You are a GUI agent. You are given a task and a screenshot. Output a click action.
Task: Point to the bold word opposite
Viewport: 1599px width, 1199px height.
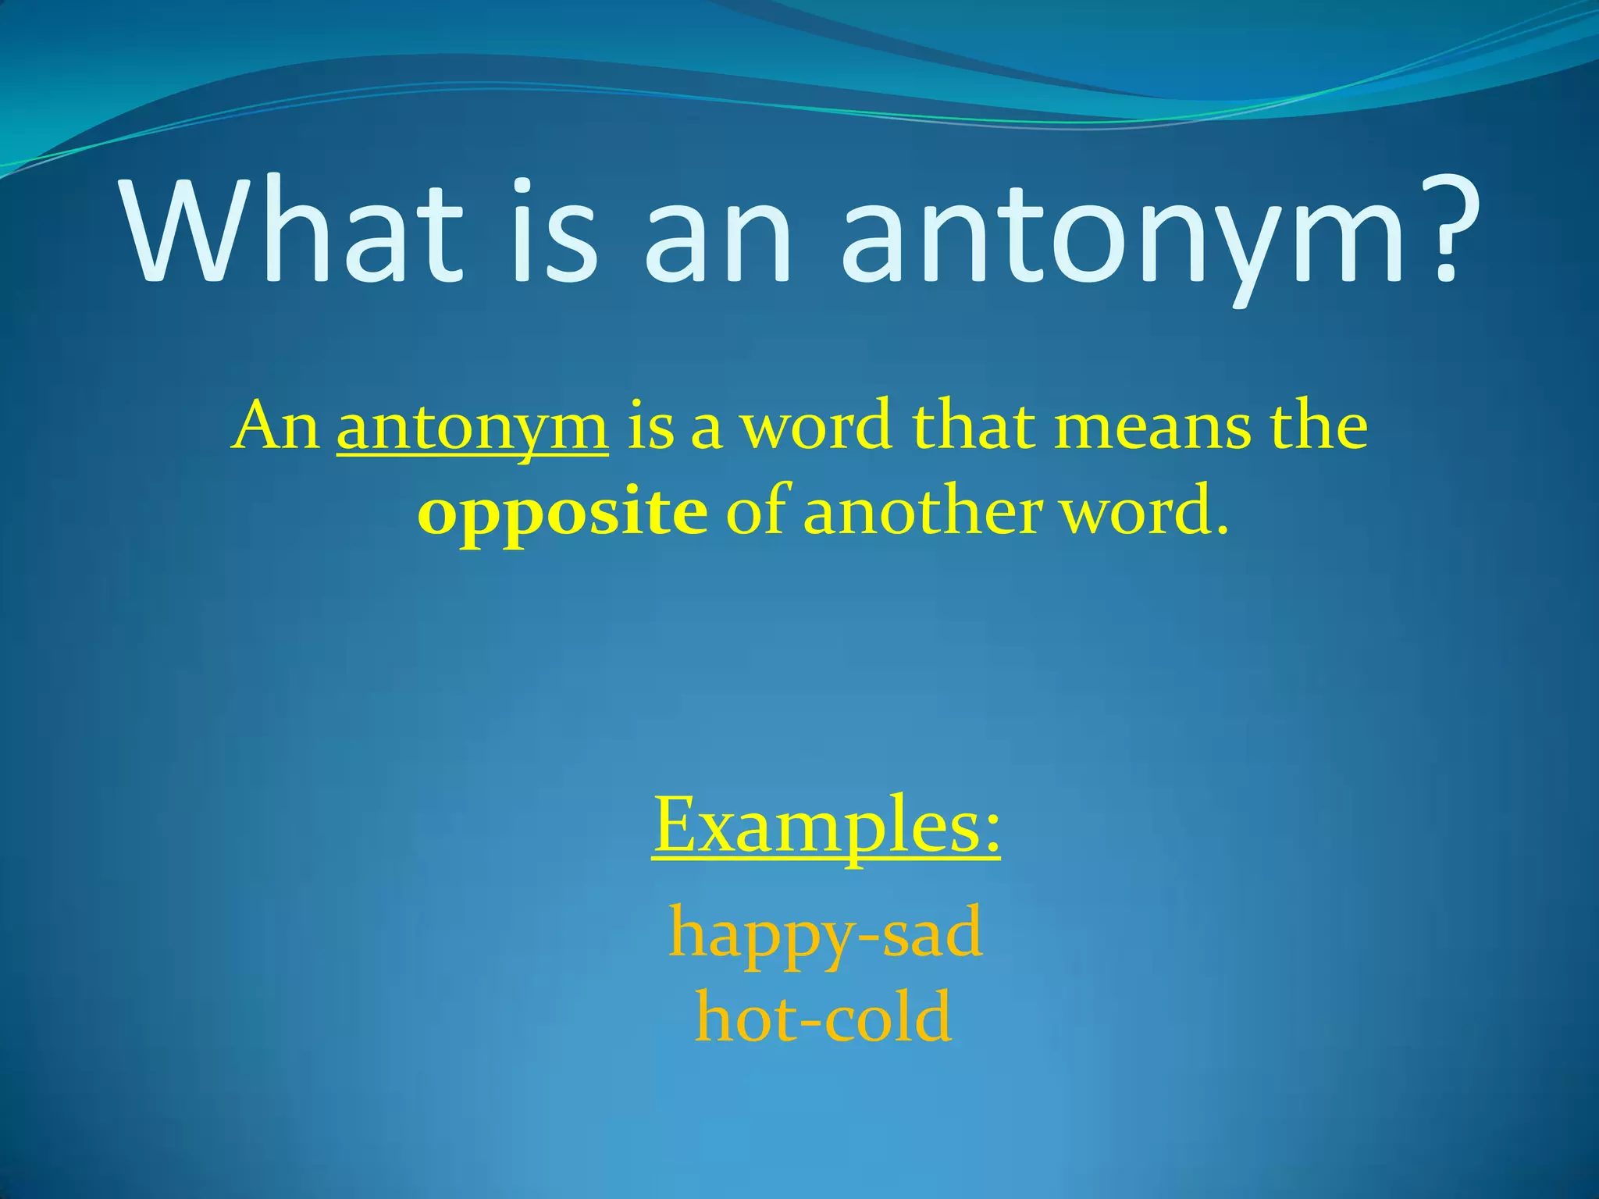563,516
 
